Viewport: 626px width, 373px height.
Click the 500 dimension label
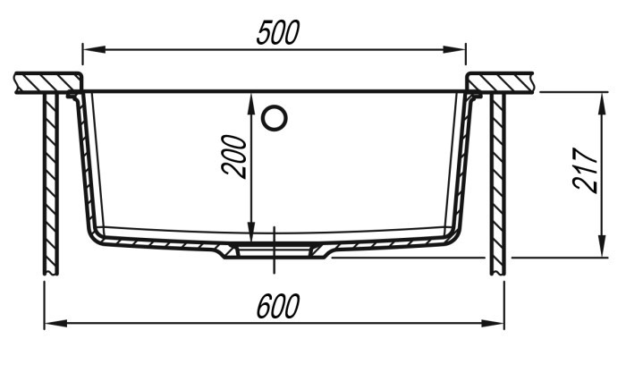pos(278,33)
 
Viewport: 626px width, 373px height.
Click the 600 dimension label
pos(278,306)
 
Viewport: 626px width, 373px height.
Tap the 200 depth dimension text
pos(233,157)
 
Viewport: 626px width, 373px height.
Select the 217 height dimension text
pos(585,171)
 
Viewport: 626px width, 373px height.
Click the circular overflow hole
pos(275,118)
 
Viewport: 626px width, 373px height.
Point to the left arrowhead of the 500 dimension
pos(94,49)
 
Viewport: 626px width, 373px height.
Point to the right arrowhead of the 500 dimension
pos(454,49)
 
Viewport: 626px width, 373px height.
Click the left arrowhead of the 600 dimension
pos(55,323)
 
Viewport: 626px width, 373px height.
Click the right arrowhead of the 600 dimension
pos(493,323)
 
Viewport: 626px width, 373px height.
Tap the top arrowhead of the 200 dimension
pos(251,105)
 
